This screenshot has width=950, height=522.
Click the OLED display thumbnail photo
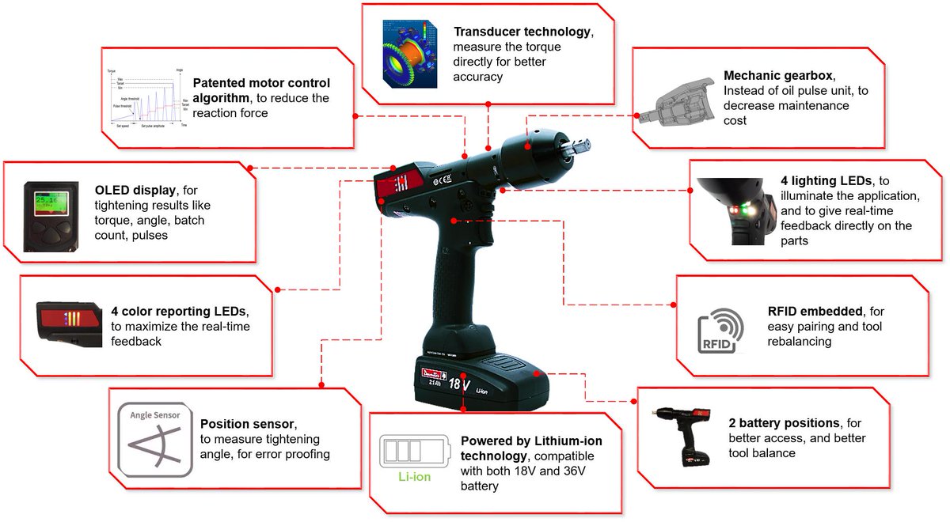click(50, 215)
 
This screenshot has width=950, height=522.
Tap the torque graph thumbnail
click(147, 99)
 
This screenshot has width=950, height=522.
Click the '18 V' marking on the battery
click(459, 385)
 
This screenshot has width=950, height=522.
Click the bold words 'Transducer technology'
click(522, 32)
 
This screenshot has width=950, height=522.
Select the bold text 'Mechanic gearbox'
click(778, 76)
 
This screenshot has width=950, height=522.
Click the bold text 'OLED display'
click(136, 191)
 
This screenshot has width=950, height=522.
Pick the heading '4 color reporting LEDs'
click(180, 311)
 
